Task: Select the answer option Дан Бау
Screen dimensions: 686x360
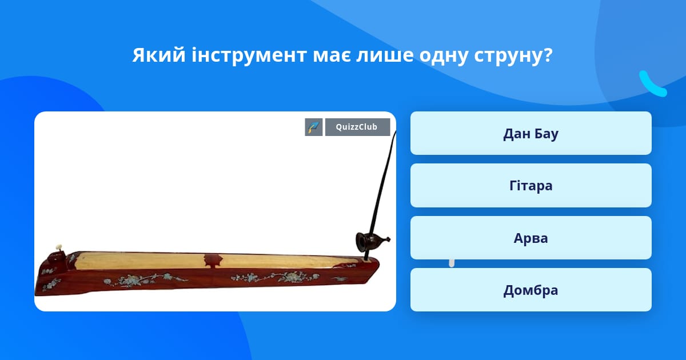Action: pos(531,133)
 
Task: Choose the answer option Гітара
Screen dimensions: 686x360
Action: pos(531,186)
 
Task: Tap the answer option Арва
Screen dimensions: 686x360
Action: pos(531,238)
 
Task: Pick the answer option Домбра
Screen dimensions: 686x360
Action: pos(531,290)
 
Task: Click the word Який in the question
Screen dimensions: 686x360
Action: pos(159,55)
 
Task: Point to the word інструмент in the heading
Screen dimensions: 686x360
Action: pos(249,55)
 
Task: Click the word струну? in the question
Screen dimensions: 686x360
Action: pos(513,56)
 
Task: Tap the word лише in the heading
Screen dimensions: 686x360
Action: pos(384,56)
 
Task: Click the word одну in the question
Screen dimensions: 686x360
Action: pos(444,56)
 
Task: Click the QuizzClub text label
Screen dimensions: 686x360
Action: pos(357,127)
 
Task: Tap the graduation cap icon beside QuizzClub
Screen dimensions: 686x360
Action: pos(314,127)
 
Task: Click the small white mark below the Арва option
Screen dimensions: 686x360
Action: pos(452,263)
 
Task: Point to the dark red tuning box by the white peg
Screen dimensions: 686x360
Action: pos(57,257)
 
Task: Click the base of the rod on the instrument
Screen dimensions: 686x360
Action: pos(365,259)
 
